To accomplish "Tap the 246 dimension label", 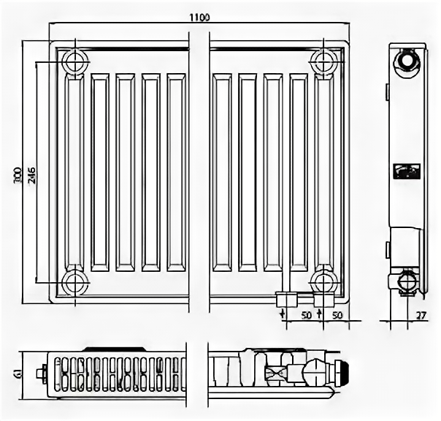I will pyautogui.click(x=31, y=172).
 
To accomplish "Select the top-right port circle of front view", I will pyautogui.click(x=323, y=62).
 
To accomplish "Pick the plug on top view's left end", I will pyautogui.click(x=45, y=373).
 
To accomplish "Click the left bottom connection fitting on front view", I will pyautogui.click(x=286, y=299).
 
